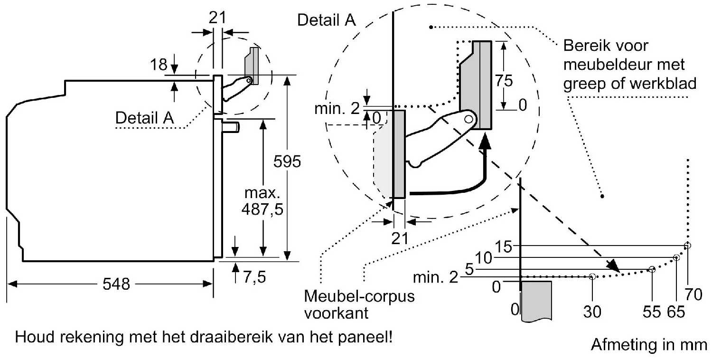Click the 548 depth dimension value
click(116, 284)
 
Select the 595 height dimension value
click(287, 161)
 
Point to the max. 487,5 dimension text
click(262, 201)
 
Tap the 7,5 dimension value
click(254, 277)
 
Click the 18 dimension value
click(158, 65)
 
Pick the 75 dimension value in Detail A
click(504, 81)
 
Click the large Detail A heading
click(326, 20)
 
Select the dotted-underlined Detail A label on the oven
click(145, 118)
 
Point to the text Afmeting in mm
click(649, 345)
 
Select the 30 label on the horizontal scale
click(592, 312)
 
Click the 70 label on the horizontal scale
click(693, 294)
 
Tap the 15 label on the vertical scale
click(504, 246)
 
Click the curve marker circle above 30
click(592, 277)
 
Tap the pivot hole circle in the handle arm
click(468, 120)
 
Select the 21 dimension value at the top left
click(217, 18)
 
